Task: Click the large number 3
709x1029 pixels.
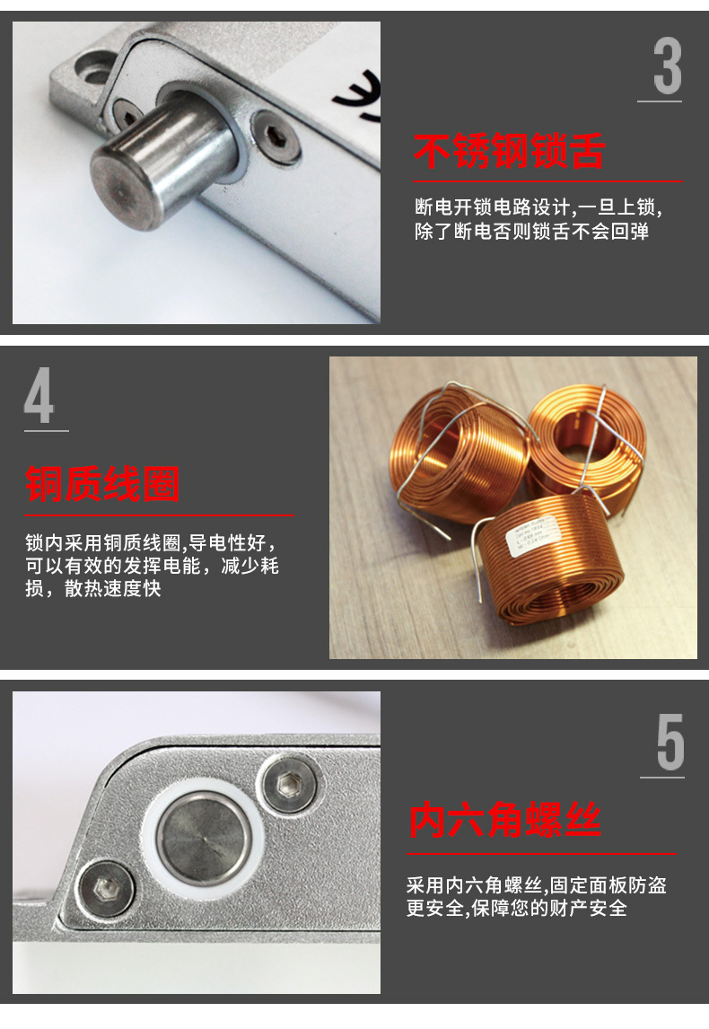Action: click(x=667, y=66)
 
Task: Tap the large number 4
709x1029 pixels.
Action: click(x=39, y=395)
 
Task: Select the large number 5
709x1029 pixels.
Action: click(x=670, y=743)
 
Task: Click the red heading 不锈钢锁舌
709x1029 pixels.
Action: click(x=509, y=152)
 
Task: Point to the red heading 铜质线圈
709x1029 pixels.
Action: click(x=103, y=485)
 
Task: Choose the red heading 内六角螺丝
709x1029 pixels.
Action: click(x=504, y=821)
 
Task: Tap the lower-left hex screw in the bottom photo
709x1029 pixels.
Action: click(x=104, y=893)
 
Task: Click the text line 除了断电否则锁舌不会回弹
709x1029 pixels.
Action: click(x=531, y=232)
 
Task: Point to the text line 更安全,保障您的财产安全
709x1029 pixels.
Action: click(x=516, y=908)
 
